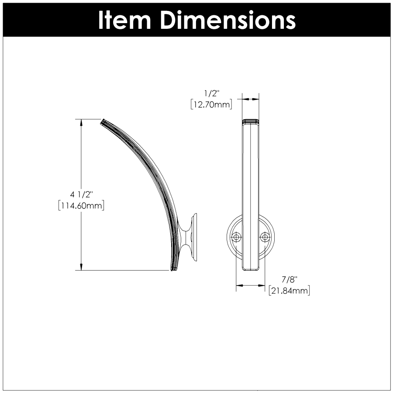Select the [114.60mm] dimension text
pos(81,205)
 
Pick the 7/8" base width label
pos(289,279)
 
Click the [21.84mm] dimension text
pos(289,291)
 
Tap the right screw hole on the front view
pos(264,237)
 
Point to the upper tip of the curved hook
pos(103,121)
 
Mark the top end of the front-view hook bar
pos(251,121)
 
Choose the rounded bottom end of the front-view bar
pos(251,267)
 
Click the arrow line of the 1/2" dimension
pos(251,99)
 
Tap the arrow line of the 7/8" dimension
pos(251,286)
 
